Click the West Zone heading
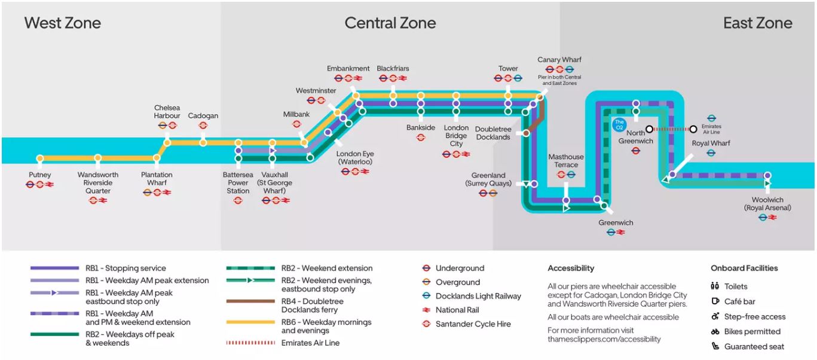click(x=63, y=23)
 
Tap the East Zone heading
click(x=757, y=23)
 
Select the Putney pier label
click(x=40, y=175)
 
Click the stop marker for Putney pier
click(x=40, y=158)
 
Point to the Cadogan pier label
click(x=203, y=116)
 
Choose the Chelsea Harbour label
click(x=167, y=112)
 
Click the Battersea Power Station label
click(x=238, y=182)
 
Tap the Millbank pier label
click(x=296, y=114)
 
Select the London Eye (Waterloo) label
click(x=354, y=158)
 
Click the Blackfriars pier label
click(x=393, y=69)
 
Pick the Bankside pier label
click(x=421, y=128)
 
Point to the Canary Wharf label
click(x=559, y=60)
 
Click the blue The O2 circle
click(x=619, y=125)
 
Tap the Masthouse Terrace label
click(x=565, y=161)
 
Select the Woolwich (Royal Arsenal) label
click(x=767, y=204)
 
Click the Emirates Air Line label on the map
click(x=712, y=129)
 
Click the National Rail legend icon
click(x=427, y=310)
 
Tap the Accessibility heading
click(x=571, y=269)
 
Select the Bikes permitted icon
click(x=715, y=332)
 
